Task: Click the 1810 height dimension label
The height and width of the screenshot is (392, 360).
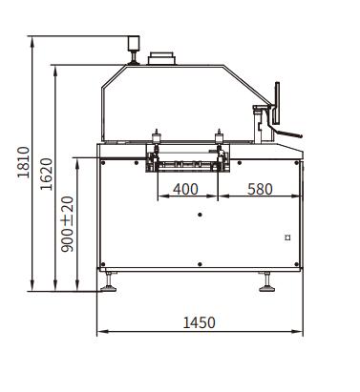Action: (x=24, y=162)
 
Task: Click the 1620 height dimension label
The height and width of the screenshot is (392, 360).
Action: (x=47, y=175)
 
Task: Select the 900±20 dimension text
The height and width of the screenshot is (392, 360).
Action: (x=67, y=224)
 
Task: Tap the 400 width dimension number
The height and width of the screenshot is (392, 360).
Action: (x=185, y=189)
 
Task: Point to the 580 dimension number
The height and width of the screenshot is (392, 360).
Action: (x=260, y=189)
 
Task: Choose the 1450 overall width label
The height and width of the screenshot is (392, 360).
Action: (x=200, y=322)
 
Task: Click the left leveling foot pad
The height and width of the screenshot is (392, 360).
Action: (x=109, y=289)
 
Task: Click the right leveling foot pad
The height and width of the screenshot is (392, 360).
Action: (x=267, y=289)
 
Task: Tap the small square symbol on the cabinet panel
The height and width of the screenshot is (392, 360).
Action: (x=287, y=237)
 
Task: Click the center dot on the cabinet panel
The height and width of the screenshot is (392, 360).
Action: (x=200, y=215)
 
